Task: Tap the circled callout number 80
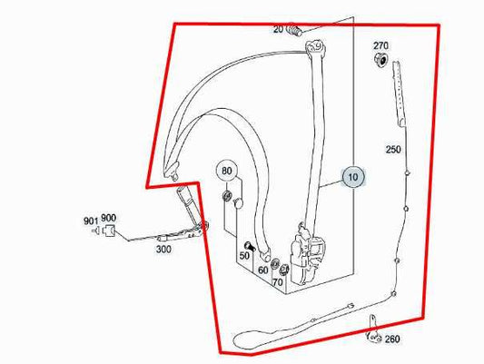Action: (226, 171)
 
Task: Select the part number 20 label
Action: (278, 30)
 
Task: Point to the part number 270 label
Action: (380, 45)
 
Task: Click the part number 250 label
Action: (392, 149)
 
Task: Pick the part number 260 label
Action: (391, 339)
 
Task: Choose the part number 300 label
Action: (163, 248)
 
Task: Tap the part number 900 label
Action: (109, 219)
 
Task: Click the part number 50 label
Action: (243, 257)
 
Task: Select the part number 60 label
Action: (262, 270)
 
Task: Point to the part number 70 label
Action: (278, 282)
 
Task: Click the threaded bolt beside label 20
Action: (294, 31)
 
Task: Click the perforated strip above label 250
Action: (398, 96)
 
